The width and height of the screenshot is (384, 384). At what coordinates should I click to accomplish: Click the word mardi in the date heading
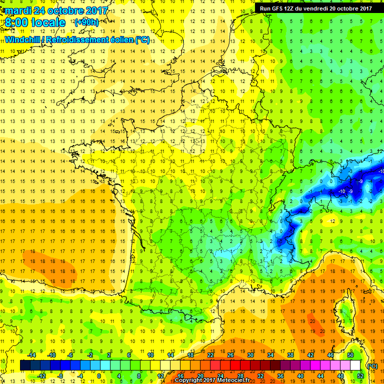click(20, 10)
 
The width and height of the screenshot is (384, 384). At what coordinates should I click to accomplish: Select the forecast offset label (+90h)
click(86, 22)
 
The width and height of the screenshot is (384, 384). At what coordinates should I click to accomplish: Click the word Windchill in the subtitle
click(23, 39)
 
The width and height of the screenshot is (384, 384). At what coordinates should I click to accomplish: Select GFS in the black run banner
click(281, 8)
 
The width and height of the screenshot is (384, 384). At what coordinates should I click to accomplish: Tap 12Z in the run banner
click(295, 8)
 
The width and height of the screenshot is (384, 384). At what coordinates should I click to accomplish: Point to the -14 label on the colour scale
click(31, 354)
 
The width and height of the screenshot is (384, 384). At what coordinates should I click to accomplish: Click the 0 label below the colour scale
click(99, 376)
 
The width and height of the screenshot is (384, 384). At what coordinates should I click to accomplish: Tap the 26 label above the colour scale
click(230, 354)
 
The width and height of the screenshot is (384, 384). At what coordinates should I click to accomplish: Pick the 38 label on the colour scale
click(290, 354)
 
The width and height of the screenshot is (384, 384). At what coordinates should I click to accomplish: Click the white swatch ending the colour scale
click(355, 365)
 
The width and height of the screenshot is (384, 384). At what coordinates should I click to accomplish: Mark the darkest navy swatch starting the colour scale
click(25, 365)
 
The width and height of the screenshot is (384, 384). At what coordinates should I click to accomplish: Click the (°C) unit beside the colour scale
click(371, 365)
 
